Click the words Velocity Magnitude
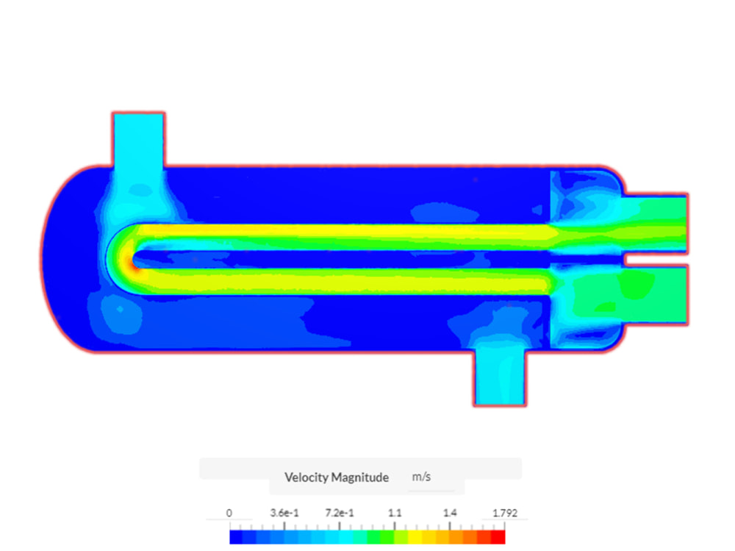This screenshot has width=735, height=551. coord(337,477)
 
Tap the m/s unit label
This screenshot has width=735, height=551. coord(421,477)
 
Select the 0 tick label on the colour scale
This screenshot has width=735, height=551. coord(229,513)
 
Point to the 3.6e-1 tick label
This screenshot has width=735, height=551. coord(284,513)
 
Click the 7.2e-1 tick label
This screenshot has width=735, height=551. coord(340,513)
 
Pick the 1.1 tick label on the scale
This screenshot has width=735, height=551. coord(395,513)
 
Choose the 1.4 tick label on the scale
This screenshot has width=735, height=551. coord(450,513)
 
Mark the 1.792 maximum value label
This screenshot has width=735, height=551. coord(504,513)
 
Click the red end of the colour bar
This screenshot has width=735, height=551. coord(498,537)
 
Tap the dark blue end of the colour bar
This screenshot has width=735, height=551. coord(236,537)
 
